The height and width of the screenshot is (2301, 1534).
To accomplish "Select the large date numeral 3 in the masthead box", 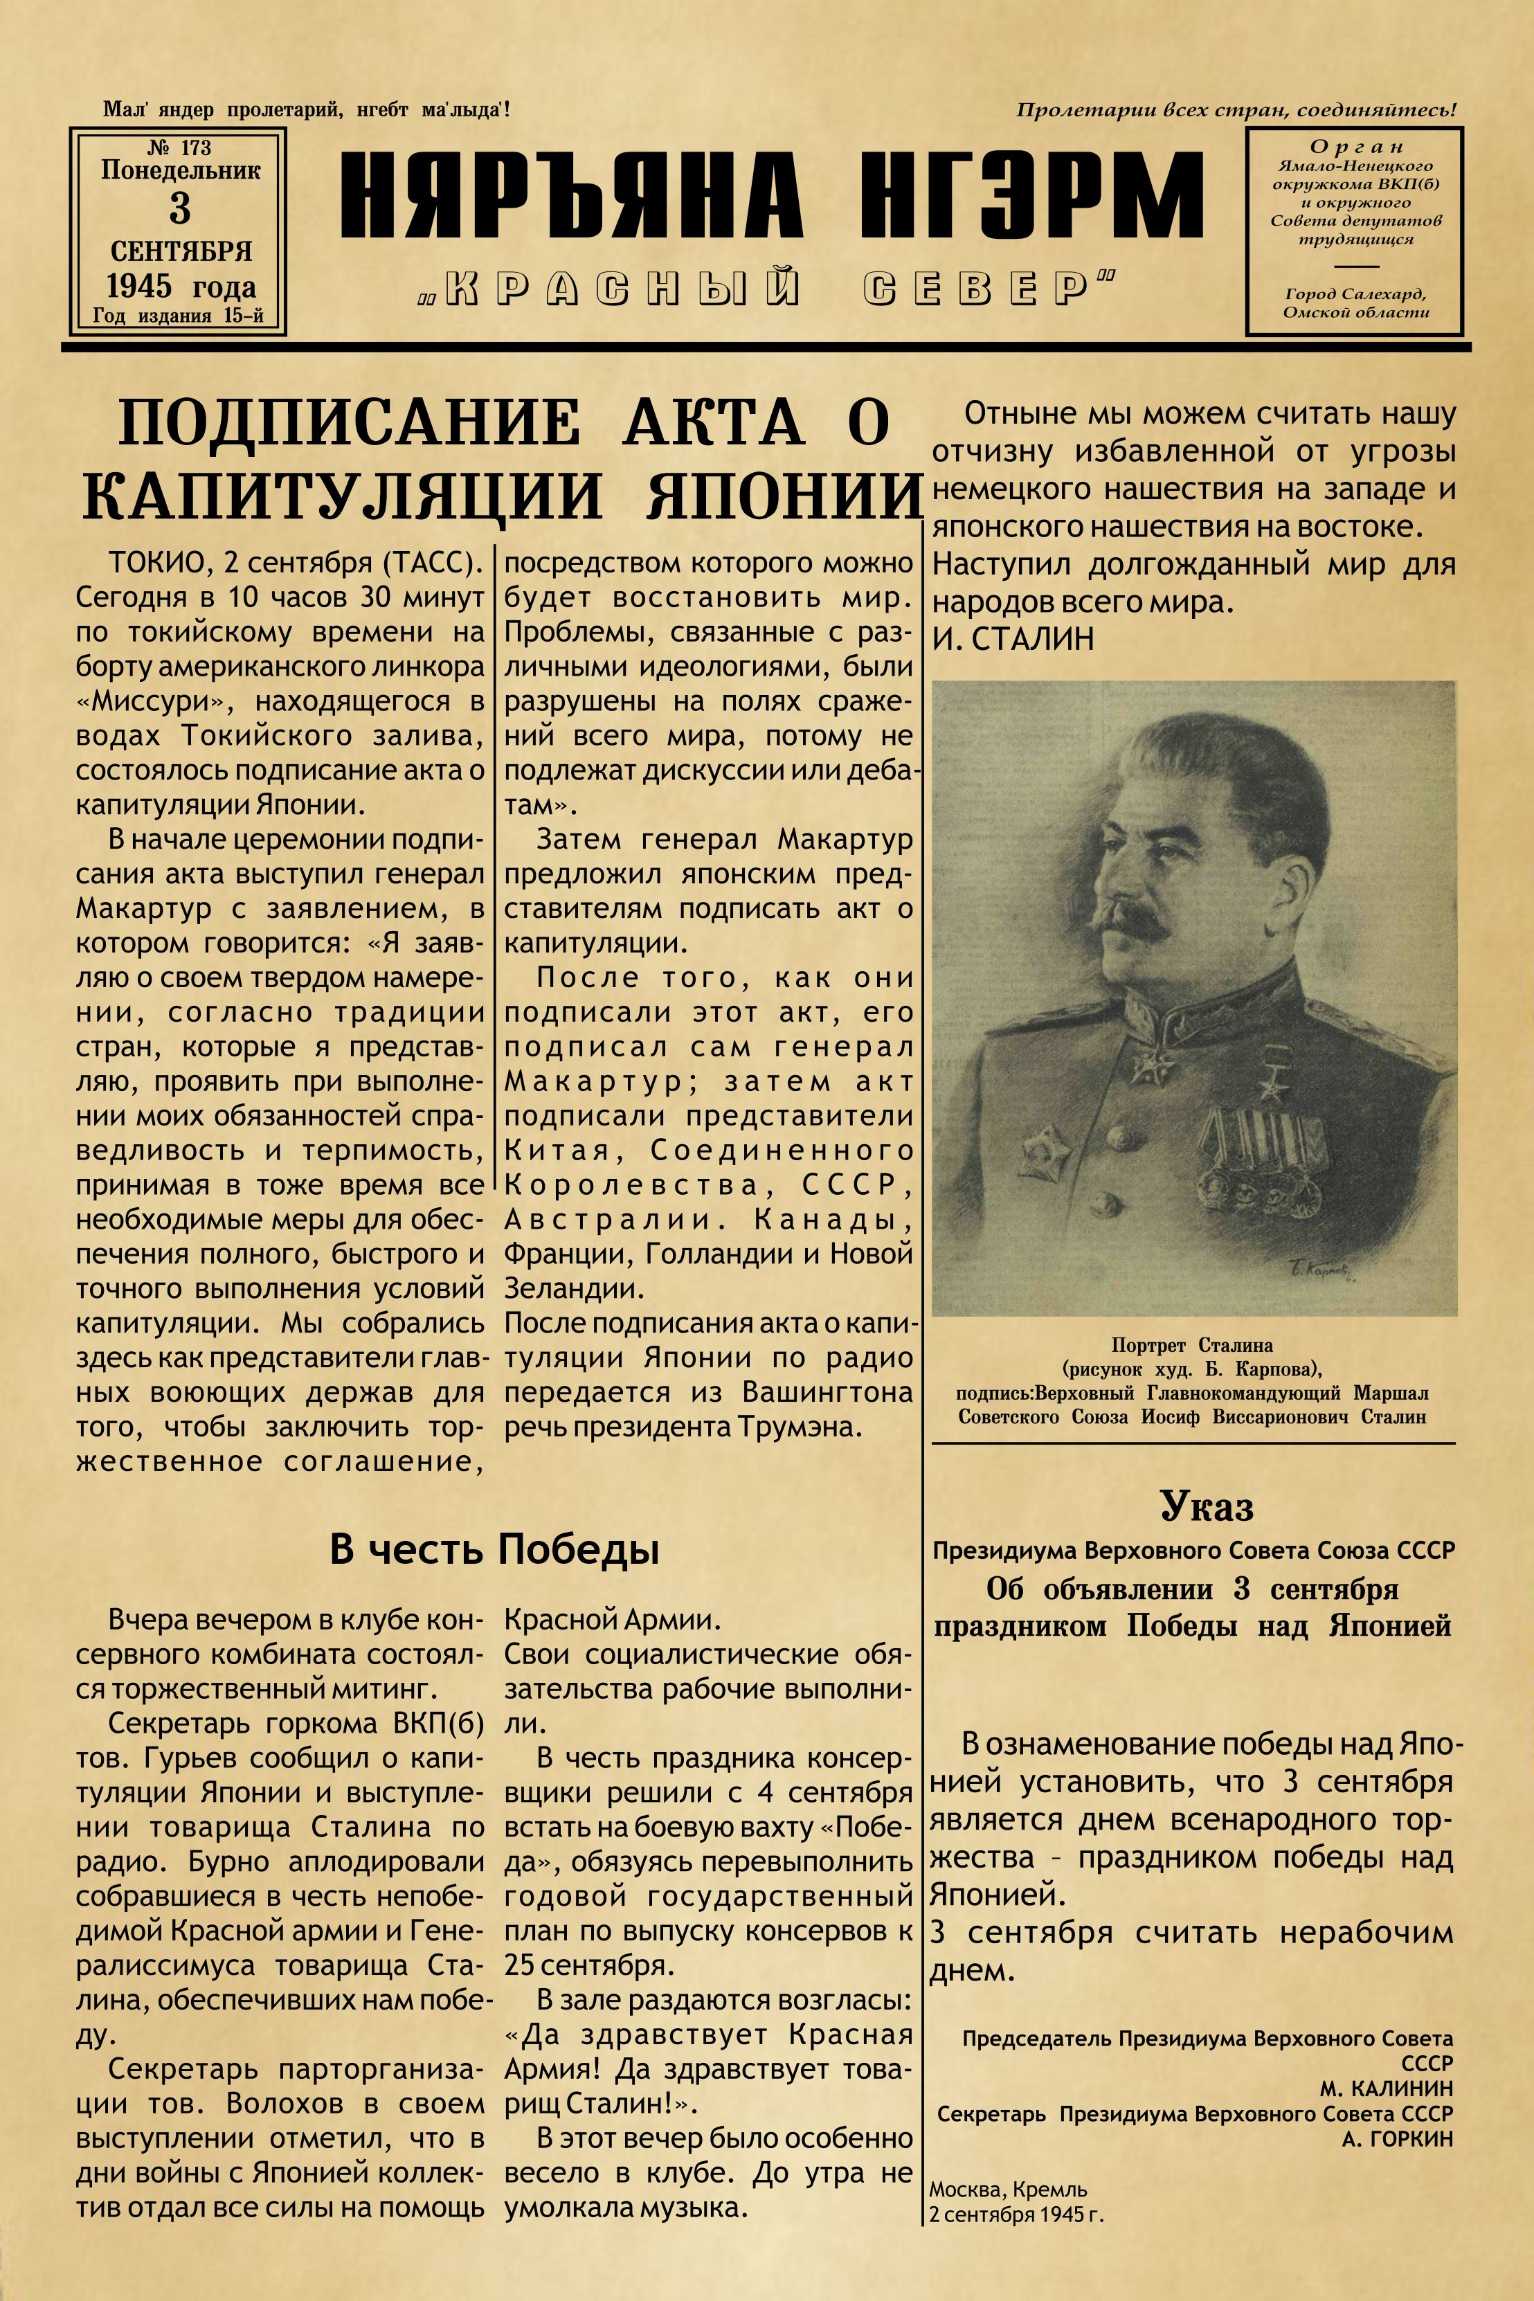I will coord(179,208).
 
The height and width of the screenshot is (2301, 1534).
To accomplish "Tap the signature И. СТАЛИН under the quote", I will coord(1013,639).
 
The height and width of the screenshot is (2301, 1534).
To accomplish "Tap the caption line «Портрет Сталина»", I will coord(1191,1345).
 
